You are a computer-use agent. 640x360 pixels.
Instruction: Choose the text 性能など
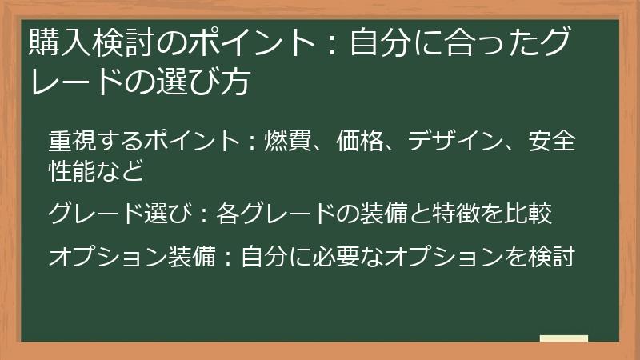(96, 170)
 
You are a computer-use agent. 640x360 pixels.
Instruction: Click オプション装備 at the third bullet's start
(126, 258)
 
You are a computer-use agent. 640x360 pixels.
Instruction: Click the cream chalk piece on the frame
(563, 339)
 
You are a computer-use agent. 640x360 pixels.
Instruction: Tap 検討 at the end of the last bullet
(551, 258)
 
